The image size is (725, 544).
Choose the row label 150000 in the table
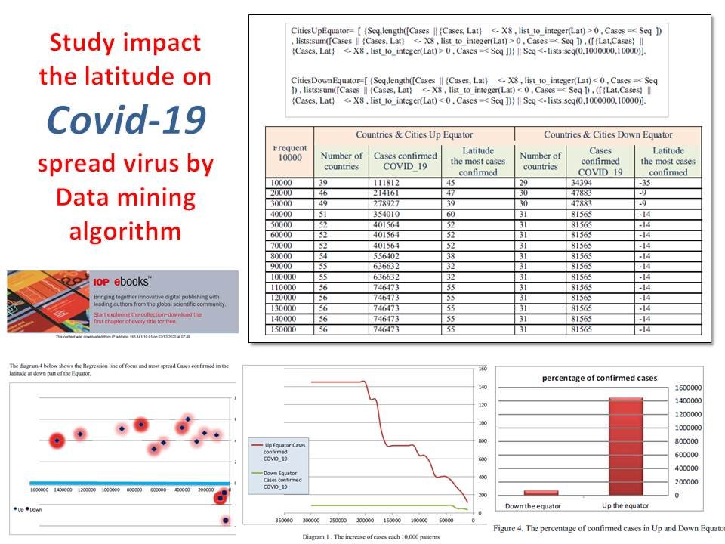coord(288,331)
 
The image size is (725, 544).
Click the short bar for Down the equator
coord(540,492)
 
